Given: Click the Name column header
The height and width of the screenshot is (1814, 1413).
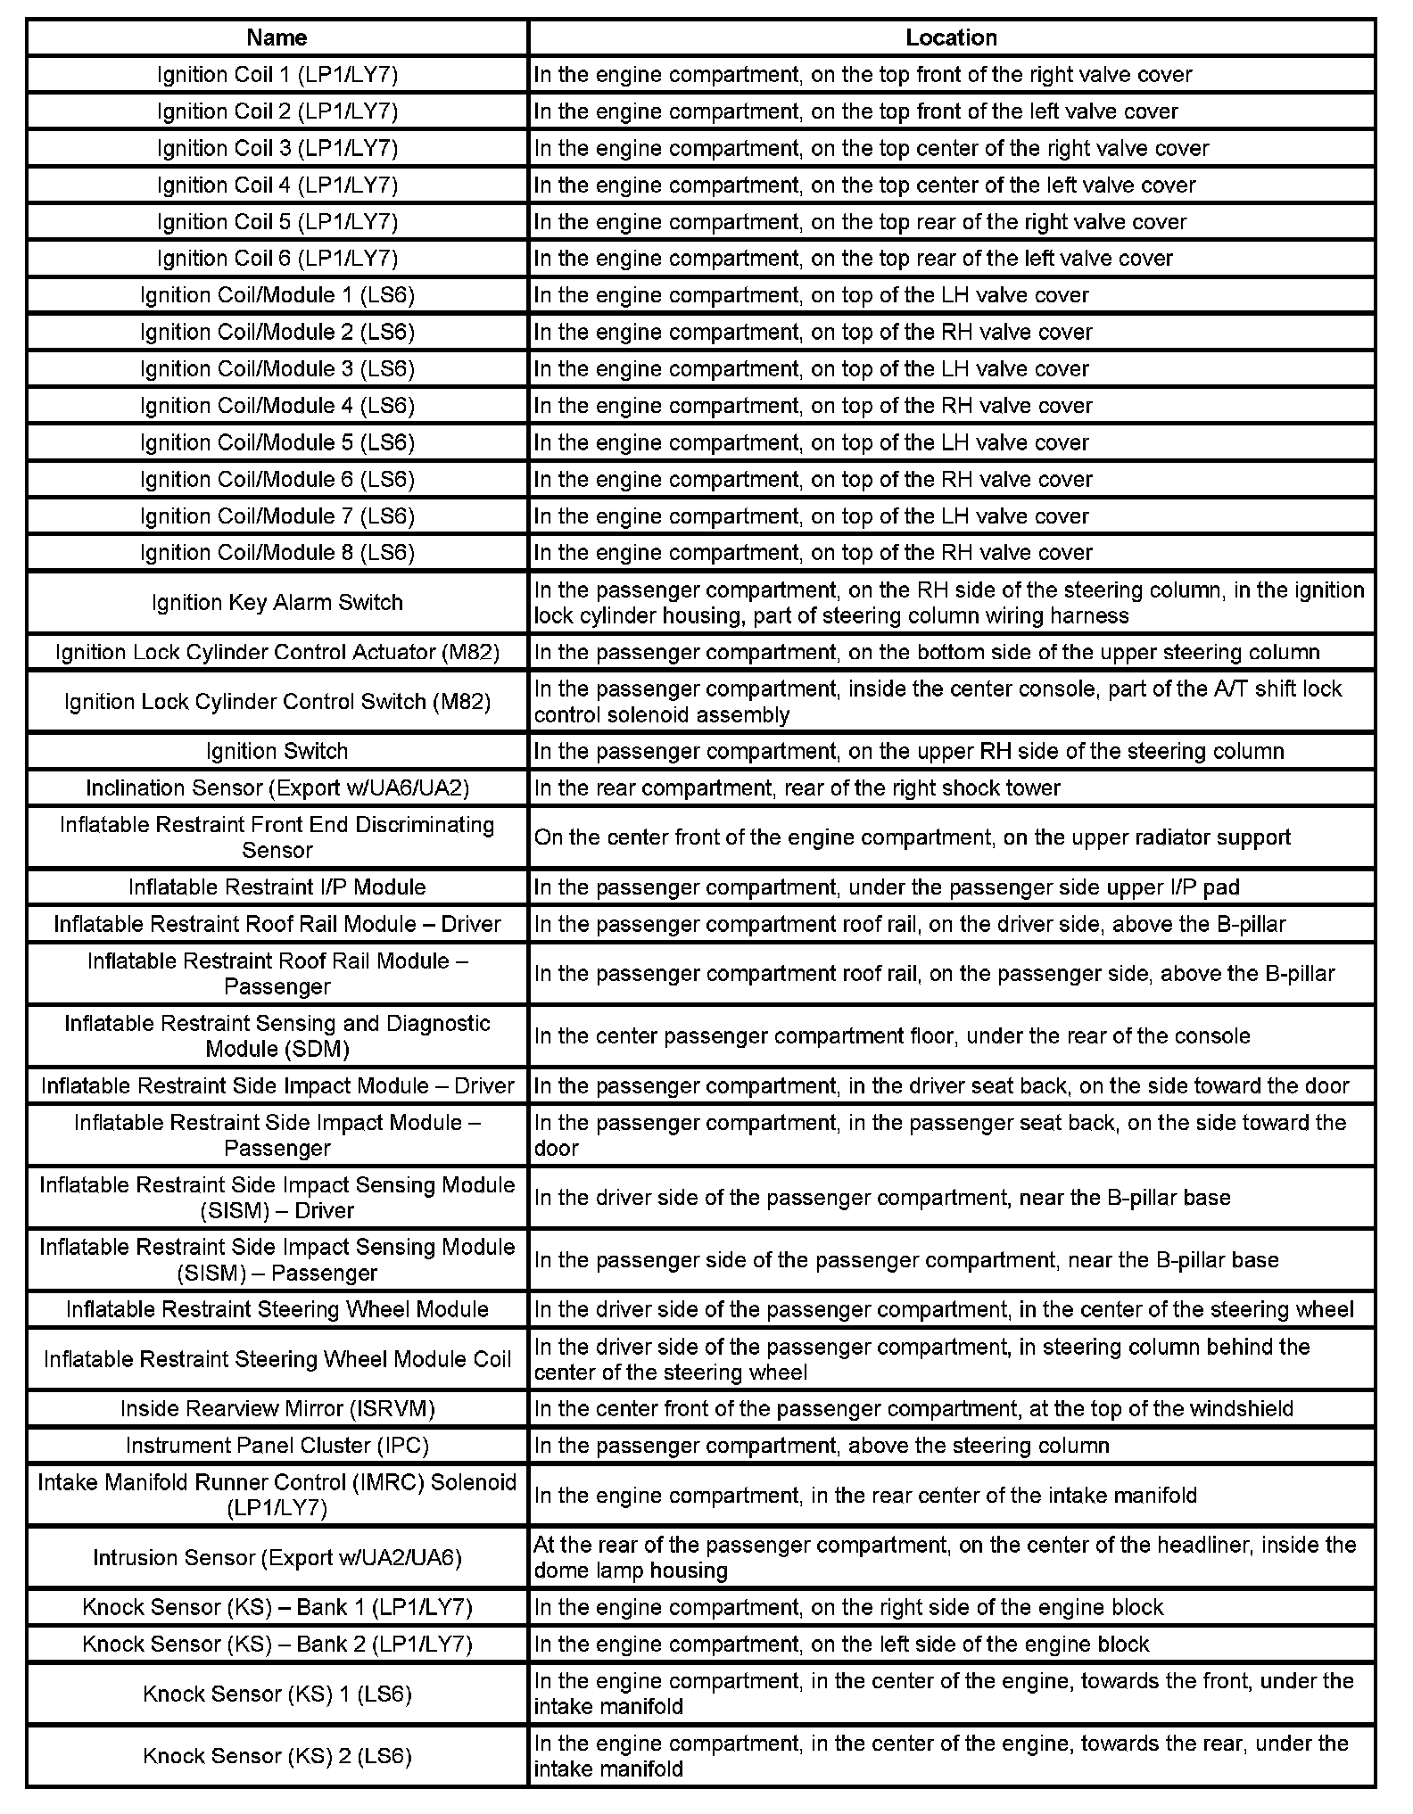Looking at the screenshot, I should (277, 37).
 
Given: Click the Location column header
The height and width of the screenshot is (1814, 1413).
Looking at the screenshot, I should (951, 37).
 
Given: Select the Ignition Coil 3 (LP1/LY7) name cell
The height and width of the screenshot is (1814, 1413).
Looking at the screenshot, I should (277, 148).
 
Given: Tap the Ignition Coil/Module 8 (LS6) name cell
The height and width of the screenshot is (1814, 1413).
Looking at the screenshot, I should (277, 553).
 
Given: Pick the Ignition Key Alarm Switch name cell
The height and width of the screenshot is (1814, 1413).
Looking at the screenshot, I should (277, 603).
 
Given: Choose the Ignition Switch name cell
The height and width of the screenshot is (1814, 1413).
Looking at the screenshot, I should (277, 751).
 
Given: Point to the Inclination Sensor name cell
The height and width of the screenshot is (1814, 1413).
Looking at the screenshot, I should (277, 788).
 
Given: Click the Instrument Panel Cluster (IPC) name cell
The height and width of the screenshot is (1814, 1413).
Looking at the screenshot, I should (277, 1446).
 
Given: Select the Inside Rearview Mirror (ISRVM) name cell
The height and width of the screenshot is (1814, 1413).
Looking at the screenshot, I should (277, 1409).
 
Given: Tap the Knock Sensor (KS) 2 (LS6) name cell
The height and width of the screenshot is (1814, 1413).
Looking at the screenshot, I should (277, 1756).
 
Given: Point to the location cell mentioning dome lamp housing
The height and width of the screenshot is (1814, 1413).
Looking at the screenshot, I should (951, 1557).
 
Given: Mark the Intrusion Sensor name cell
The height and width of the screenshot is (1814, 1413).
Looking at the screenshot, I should (277, 1557).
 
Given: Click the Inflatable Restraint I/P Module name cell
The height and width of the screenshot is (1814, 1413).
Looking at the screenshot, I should (277, 887).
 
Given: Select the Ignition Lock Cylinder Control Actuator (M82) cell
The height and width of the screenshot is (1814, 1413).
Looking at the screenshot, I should (277, 653).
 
